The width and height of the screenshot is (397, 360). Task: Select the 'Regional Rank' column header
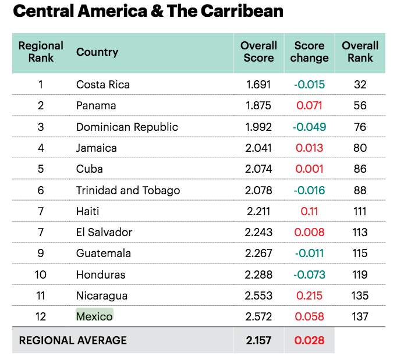(41, 52)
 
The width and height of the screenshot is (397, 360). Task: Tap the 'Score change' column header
(309, 52)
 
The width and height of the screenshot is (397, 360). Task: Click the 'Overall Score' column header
(258, 52)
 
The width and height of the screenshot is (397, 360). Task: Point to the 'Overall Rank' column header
(360, 52)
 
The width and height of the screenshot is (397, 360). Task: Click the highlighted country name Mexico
(94, 316)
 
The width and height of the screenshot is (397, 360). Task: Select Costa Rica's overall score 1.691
(258, 85)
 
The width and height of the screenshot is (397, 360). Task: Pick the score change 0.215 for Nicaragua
(309, 295)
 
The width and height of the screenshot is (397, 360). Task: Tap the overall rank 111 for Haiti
(360, 211)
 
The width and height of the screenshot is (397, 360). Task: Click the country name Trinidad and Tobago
(128, 190)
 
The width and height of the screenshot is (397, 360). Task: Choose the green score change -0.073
(309, 275)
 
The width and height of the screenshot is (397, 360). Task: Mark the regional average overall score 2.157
(258, 340)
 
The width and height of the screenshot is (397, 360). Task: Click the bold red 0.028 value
(309, 340)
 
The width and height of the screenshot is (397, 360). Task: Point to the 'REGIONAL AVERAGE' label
(73, 340)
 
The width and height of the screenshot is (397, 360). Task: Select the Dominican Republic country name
(127, 127)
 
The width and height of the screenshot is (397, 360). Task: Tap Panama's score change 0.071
(309, 106)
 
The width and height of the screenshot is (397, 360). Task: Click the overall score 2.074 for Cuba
(258, 169)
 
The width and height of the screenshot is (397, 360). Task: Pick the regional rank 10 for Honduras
(41, 275)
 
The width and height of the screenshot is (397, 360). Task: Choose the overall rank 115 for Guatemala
(360, 254)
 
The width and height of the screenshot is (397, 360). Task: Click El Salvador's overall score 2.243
(258, 232)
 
